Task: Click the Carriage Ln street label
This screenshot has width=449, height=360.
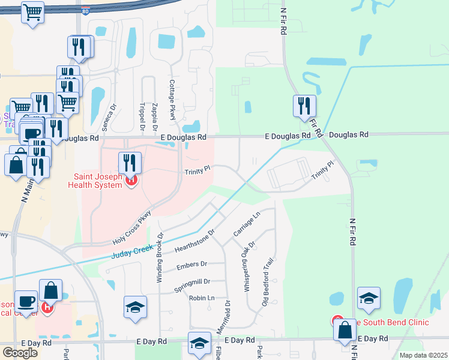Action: [x=246, y=223]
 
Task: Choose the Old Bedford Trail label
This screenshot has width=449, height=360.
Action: [x=267, y=281]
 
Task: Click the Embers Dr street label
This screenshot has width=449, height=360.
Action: [x=191, y=264]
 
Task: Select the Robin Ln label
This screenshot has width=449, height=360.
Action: [x=202, y=298]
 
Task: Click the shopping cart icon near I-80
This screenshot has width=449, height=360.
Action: [x=33, y=12]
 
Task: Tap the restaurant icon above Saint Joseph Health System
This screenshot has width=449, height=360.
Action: [x=129, y=163]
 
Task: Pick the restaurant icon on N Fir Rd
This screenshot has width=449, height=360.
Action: [x=304, y=106]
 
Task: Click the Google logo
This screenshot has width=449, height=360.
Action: [x=20, y=353]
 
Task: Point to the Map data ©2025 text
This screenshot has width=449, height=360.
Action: [x=424, y=355]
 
